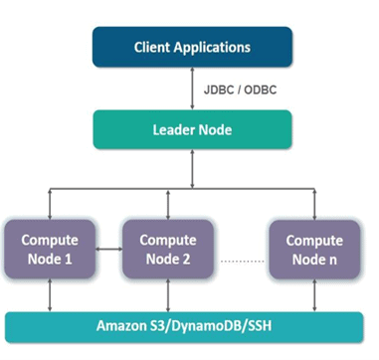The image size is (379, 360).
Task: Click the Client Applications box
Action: [192, 47]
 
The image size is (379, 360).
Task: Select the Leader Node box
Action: [192, 128]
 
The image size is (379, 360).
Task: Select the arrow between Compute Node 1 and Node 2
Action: [110, 250]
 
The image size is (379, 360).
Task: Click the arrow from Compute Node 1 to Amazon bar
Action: [50, 295]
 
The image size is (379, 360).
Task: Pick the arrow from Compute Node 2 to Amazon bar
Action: [167, 295]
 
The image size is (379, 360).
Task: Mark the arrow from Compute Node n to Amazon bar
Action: [313, 295]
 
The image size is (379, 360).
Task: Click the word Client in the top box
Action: [153, 47]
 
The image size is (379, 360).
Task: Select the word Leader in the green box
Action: [174, 128]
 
